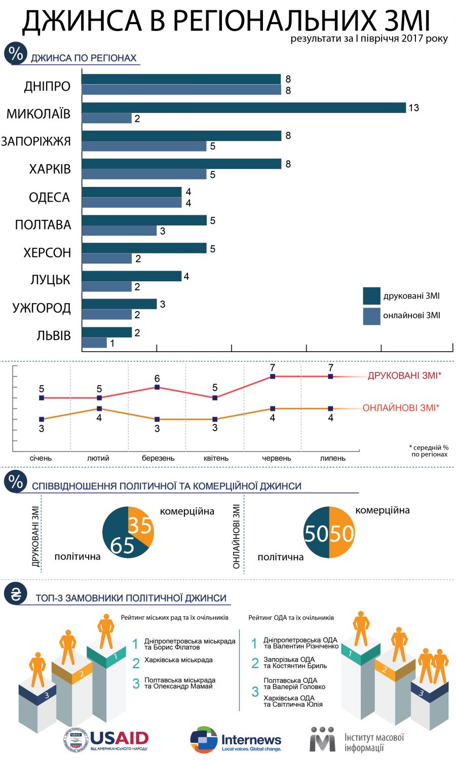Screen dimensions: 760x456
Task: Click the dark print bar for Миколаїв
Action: (243, 108)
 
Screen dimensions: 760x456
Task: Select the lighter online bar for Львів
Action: (94, 343)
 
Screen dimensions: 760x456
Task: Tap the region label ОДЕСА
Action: (49, 197)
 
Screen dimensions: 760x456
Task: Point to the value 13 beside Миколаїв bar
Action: (413, 108)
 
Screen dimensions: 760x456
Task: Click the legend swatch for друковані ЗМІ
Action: (371, 296)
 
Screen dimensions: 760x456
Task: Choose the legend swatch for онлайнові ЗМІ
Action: (371, 316)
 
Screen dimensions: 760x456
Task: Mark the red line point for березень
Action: (157, 387)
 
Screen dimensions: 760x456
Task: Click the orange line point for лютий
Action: (99, 408)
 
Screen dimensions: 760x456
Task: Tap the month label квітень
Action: (216, 458)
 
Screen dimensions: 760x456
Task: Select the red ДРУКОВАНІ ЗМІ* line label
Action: (404, 375)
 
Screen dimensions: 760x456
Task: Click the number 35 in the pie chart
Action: (140, 525)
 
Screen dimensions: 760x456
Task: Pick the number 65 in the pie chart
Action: (122, 545)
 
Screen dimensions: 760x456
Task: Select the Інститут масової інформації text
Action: (374, 742)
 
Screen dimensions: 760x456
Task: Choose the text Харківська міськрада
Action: (178, 660)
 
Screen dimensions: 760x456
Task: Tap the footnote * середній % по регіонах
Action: (429, 451)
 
